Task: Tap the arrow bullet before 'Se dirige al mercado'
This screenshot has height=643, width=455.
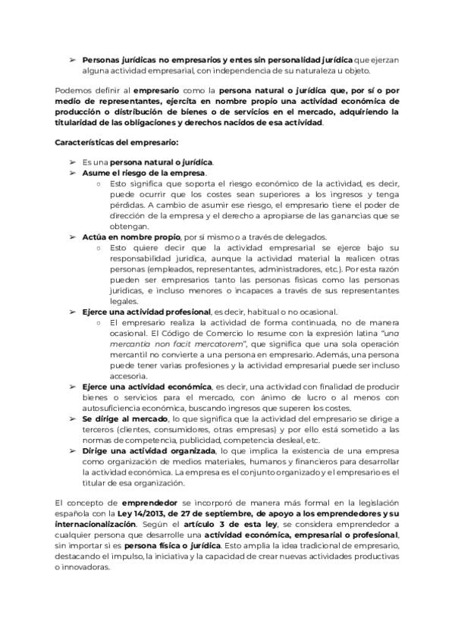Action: coord(73,418)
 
